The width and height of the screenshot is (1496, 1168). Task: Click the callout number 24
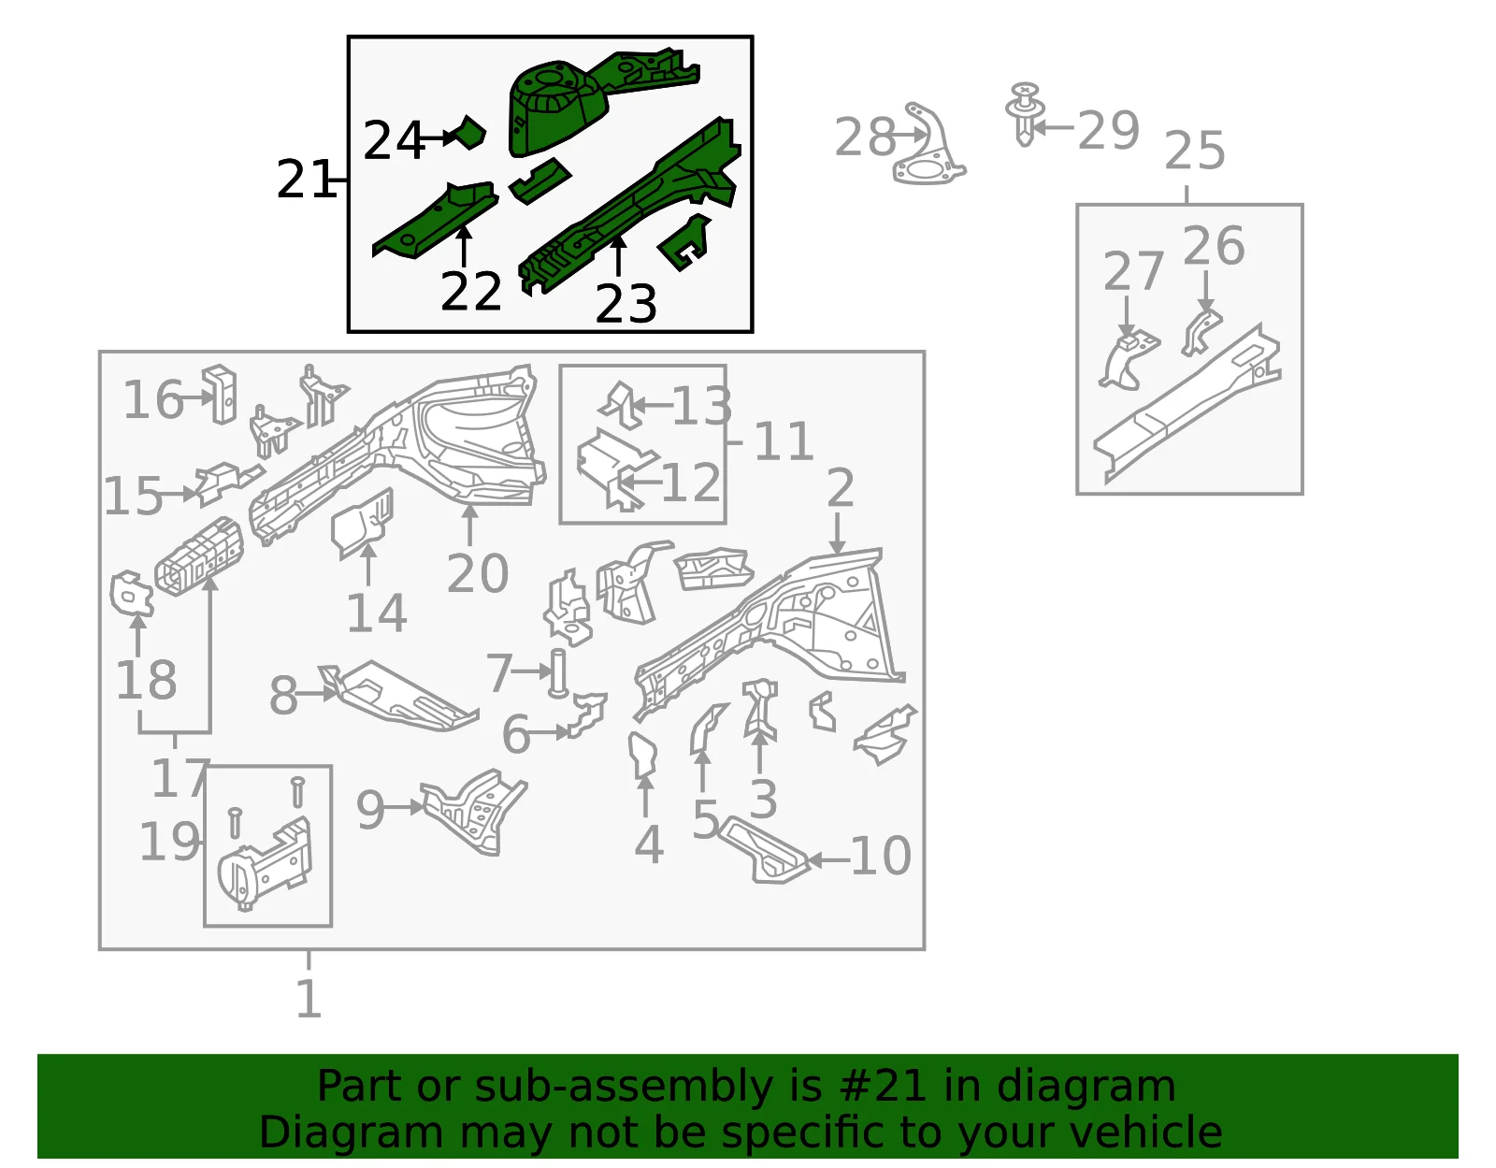393,140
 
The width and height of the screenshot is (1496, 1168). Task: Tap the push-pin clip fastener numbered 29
1025,113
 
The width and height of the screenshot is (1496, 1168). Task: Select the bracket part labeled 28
928,145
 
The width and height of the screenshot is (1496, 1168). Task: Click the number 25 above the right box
1194,150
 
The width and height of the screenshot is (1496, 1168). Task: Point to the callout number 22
471,291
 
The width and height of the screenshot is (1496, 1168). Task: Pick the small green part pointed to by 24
468,132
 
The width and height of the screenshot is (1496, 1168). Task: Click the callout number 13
701,405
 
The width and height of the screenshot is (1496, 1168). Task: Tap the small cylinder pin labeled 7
558,672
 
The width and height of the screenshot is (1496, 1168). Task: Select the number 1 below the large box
309,998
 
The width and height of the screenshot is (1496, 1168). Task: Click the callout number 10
881,856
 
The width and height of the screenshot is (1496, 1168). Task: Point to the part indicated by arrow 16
220,394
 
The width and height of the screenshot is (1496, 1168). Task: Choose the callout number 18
146,680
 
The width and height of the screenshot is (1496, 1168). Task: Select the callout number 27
1133,271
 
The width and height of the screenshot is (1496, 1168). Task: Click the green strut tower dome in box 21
557,107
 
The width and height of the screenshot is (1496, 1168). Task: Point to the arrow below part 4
645,795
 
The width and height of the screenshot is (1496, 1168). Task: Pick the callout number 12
691,482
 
